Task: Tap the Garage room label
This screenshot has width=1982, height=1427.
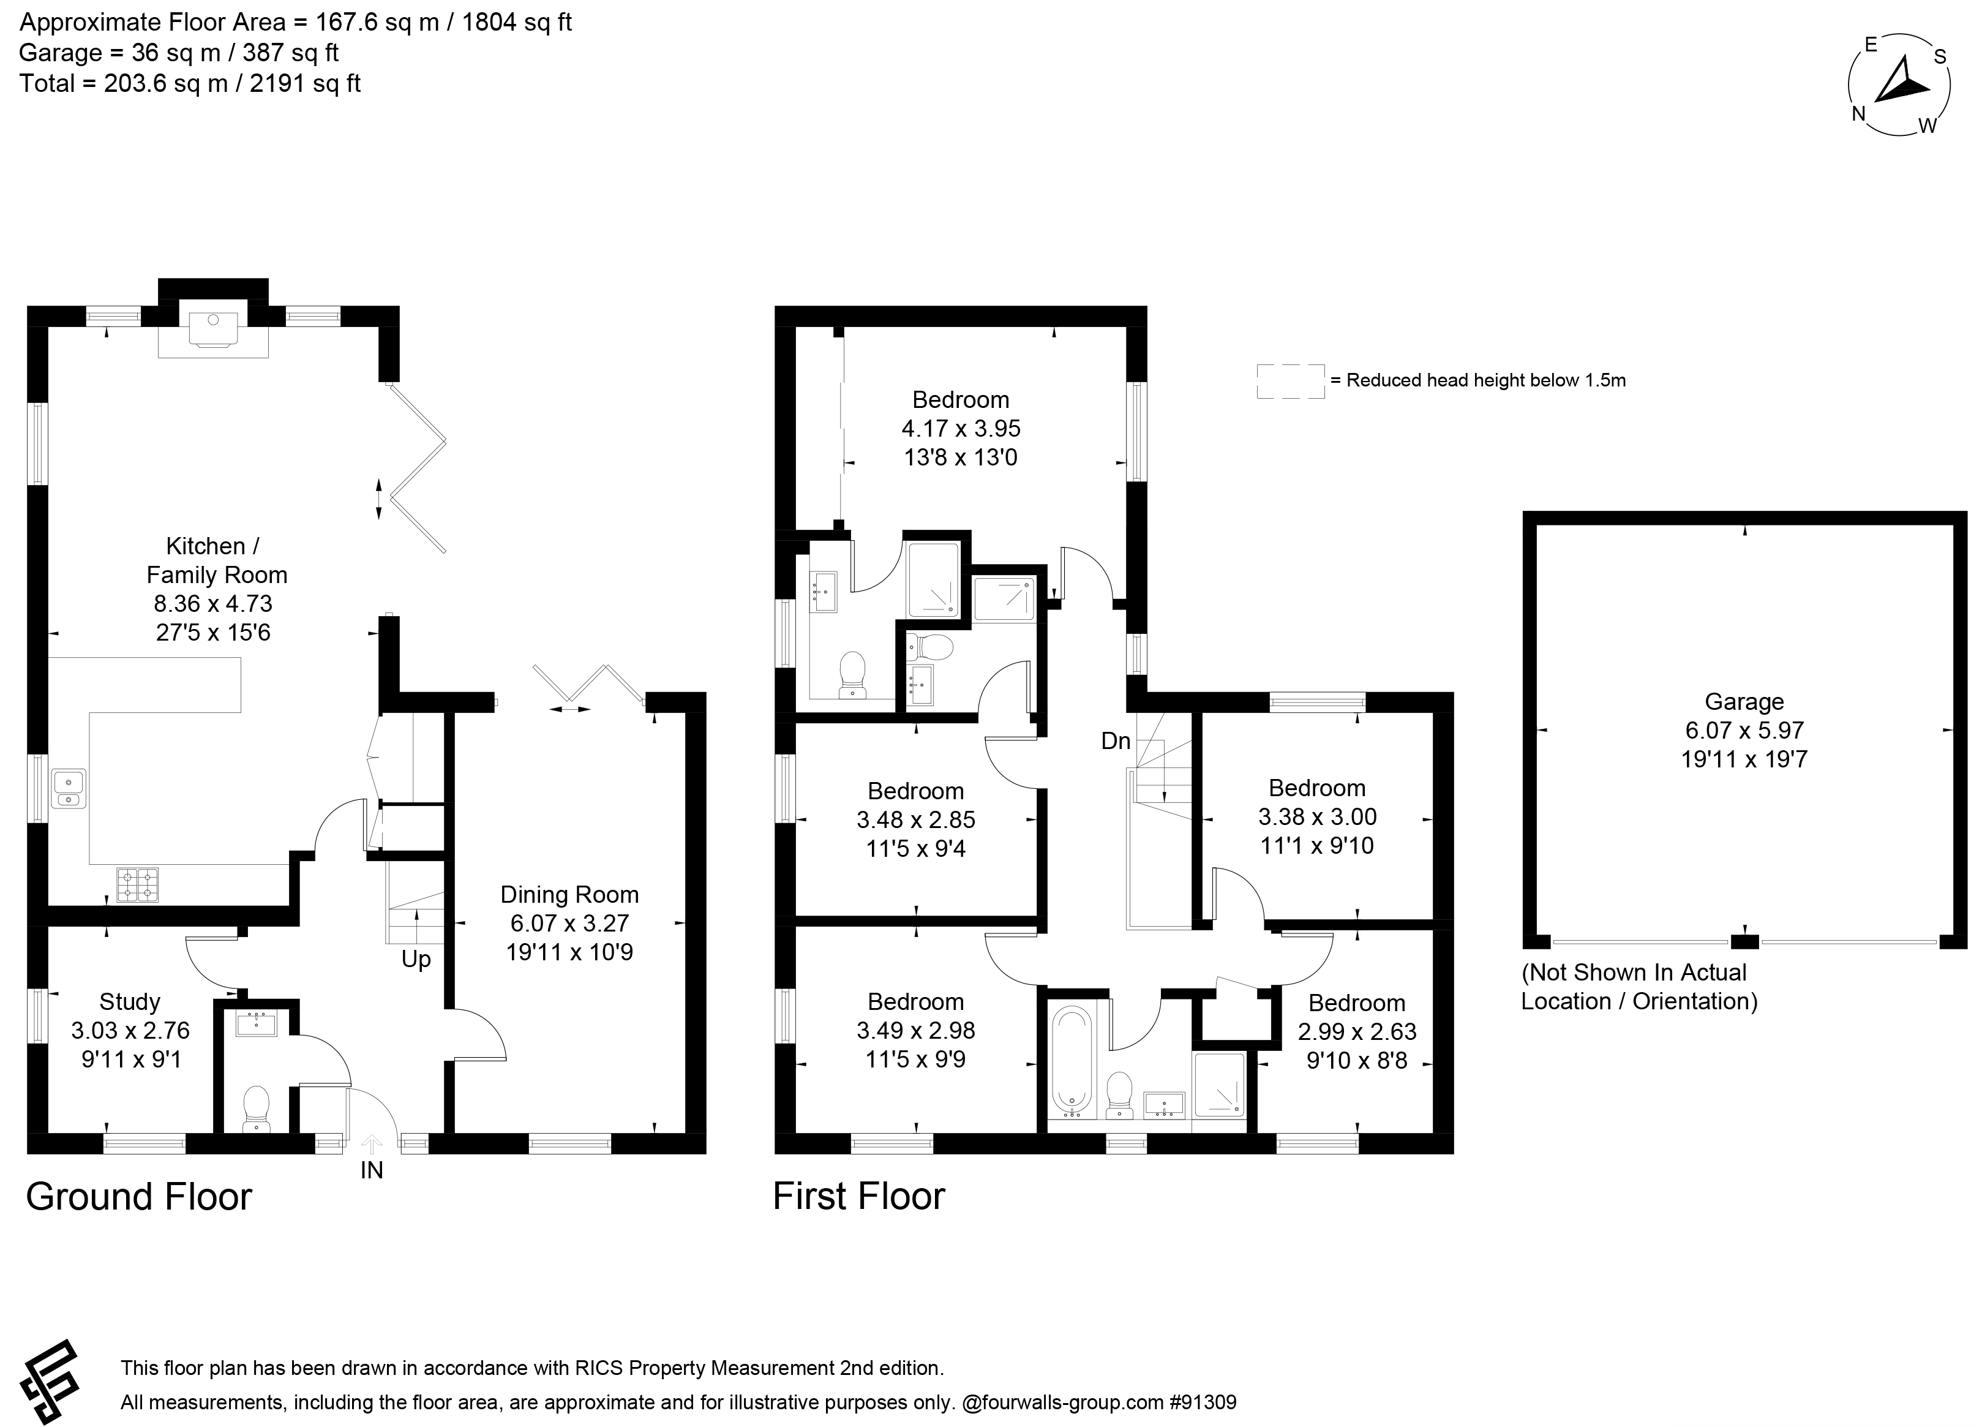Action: pyautogui.click(x=1744, y=702)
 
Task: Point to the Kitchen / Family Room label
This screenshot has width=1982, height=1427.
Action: pyautogui.click(x=216, y=560)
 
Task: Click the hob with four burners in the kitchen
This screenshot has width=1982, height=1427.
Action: pyautogui.click(x=138, y=884)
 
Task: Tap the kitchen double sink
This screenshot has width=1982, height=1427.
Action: pyautogui.click(x=68, y=788)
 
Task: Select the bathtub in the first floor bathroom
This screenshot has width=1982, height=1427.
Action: pyautogui.click(x=1072, y=1062)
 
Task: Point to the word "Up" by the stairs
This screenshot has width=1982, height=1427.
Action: pyautogui.click(x=416, y=960)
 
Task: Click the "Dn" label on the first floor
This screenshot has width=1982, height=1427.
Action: pyautogui.click(x=1116, y=741)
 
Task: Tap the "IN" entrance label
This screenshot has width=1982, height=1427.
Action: pyautogui.click(x=372, y=1170)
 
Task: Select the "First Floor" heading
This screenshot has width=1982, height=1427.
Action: pyautogui.click(x=859, y=1196)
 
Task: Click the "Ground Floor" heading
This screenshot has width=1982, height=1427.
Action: pyautogui.click(x=139, y=1196)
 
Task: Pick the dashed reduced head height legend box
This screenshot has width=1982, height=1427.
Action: pyautogui.click(x=1291, y=381)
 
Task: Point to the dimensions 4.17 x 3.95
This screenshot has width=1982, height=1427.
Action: pyautogui.click(x=961, y=428)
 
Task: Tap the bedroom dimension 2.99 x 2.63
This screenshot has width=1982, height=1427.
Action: pyautogui.click(x=1357, y=1032)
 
